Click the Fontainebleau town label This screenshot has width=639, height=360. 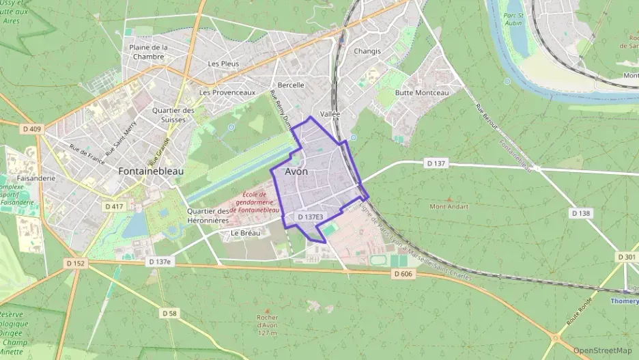coord(151,171)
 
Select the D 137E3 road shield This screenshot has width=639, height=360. coord(310,217)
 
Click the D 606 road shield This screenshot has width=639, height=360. coord(403,274)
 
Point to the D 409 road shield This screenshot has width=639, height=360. coord(31,128)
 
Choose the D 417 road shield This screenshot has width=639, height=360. coord(114,206)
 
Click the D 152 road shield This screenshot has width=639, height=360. coord(76,263)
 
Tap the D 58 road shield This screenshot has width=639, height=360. coord(169,313)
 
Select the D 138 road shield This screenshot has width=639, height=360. coord(580,213)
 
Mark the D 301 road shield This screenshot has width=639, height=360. coord(626,257)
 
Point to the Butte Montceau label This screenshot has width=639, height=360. coord(422,93)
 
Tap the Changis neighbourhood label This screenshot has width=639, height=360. coord(367,51)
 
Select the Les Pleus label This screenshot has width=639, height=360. coord(224,64)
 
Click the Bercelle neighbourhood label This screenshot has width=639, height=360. coord(291,85)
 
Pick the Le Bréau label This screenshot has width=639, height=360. coord(244,233)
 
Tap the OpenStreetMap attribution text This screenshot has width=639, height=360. coord(602,350)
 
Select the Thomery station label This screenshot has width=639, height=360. coord(624,301)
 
